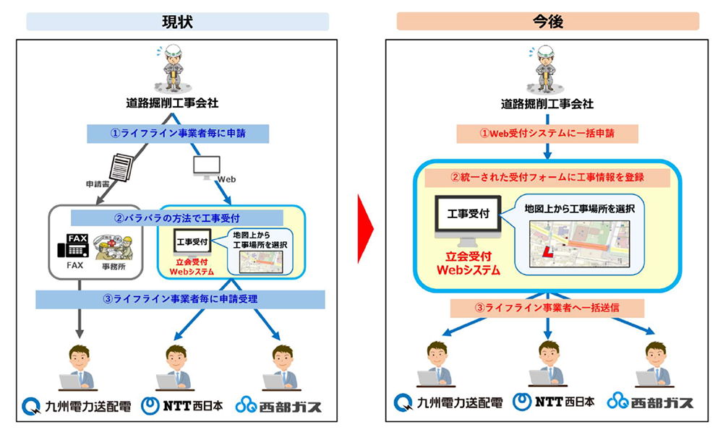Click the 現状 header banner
pyautogui.click(x=177, y=22)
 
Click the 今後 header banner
pyautogui.click(x=547, y=22)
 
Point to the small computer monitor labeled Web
pyautogui.click(x=205, y=166)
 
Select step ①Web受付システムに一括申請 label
pyautogui.click(x=547, y=133)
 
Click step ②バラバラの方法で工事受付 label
pyautogui.click(x=177, y=216)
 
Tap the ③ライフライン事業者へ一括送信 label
pyautogui.click(x=547, y=307)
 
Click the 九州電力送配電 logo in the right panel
pyautogui.click(x=446, y=402)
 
